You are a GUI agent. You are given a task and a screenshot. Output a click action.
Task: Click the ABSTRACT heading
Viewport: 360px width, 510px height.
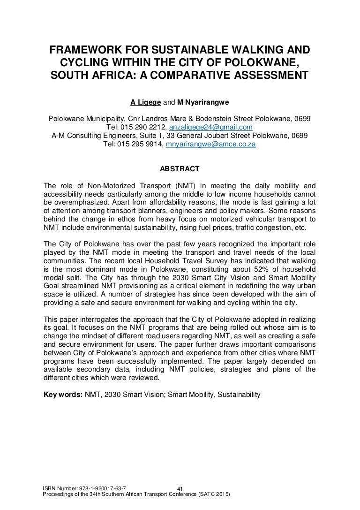180,168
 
